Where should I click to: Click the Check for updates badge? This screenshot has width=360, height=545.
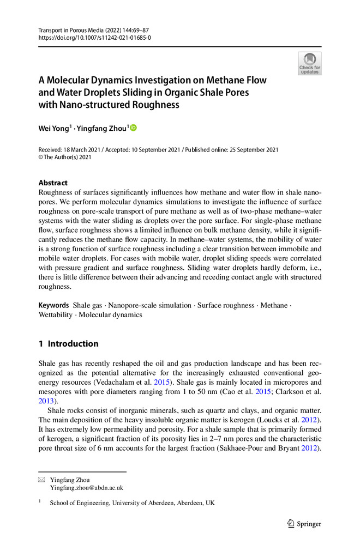310,63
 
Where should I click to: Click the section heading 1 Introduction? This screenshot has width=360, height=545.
68,344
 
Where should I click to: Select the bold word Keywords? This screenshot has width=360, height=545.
53,306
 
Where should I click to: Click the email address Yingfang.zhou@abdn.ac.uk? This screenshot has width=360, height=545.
86,488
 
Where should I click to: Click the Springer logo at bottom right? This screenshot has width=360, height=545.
305,524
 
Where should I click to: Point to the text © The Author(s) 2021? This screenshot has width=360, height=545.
65,158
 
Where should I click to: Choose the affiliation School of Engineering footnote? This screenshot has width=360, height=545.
132,503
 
